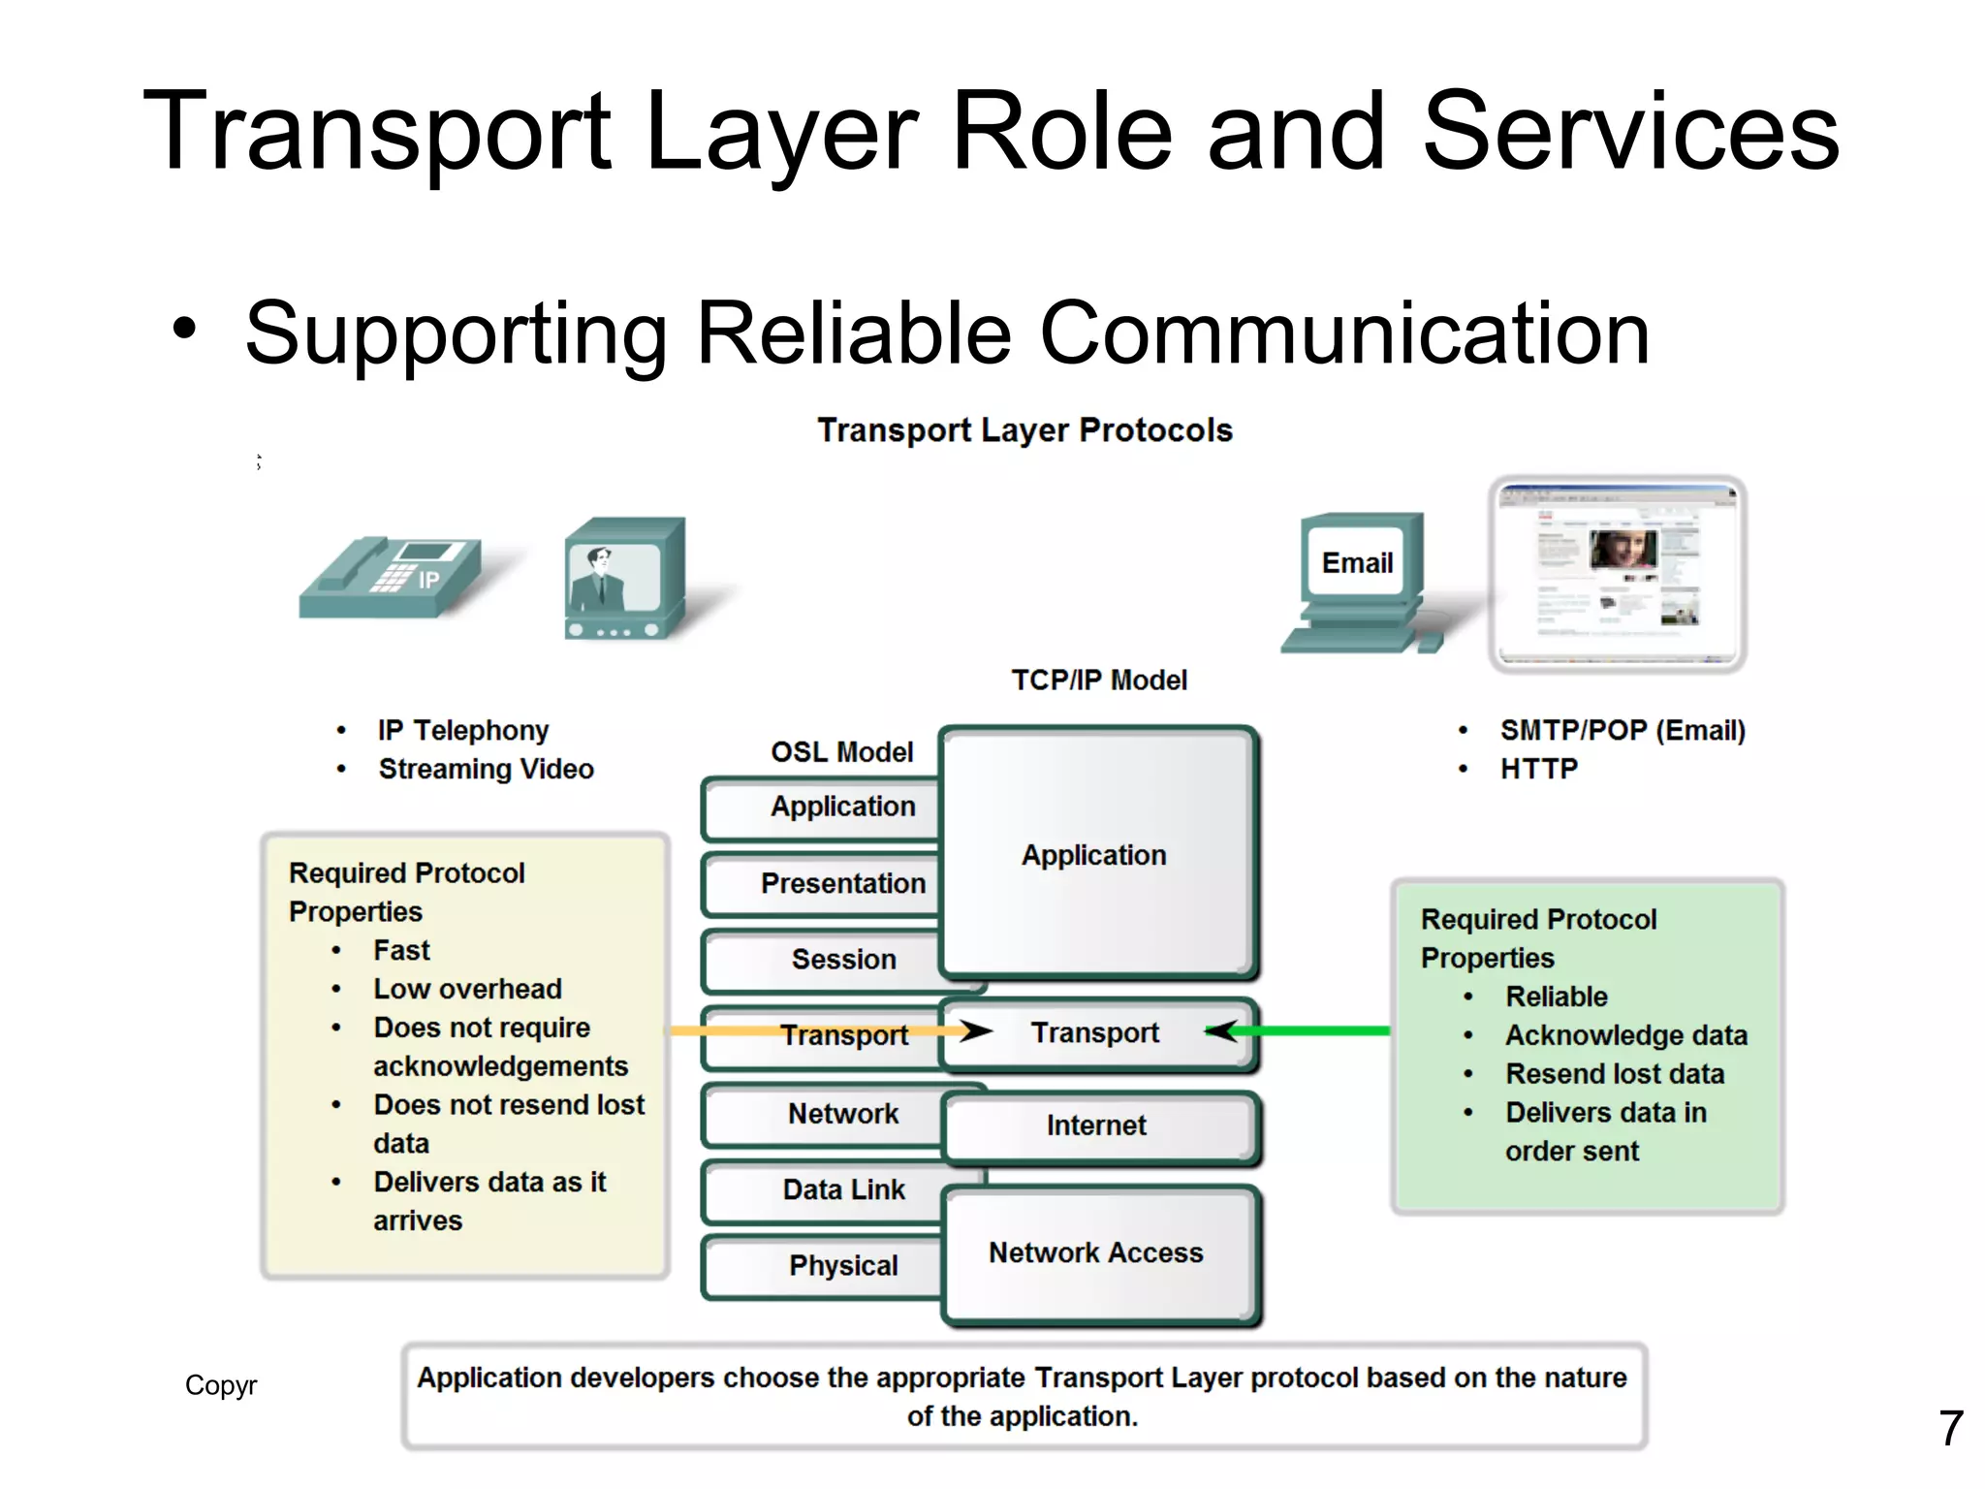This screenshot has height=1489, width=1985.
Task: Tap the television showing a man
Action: pyautogui.click(x=625, y=579)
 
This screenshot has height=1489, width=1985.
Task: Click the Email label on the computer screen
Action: pyautogui.click(x=1356, y=563)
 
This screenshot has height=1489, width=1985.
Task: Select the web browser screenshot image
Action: pyautogui.click(x=1617, y=574)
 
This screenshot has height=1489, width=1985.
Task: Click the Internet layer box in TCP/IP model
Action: pyautogui.click(x=1097, y=1126)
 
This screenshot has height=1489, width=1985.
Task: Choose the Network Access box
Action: pyautogui.click(x=1097, y=1253)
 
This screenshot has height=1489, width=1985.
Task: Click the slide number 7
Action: pyautogui.click(x=1950, y=1429)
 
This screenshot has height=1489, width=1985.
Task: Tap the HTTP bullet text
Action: pyautogui.click(x=1539, y=770)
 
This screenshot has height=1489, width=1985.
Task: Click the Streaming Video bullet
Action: pyautogui.click(x=486, y=770)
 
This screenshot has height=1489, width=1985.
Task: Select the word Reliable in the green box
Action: pyautogui.click(x=1557, y=997)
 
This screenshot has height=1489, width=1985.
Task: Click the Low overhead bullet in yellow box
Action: pyautogui.click(x=467, y=989)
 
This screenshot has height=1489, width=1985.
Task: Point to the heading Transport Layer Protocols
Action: pyautogui.click(x=1024, y=430)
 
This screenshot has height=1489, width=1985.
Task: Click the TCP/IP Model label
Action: pyautogui.click(x=1099, y=681)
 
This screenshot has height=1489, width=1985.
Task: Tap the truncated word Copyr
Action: pyautogui.click(x=221, y=1385)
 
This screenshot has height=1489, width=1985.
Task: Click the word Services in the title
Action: pyautogui.click(x=1630, y=131)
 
